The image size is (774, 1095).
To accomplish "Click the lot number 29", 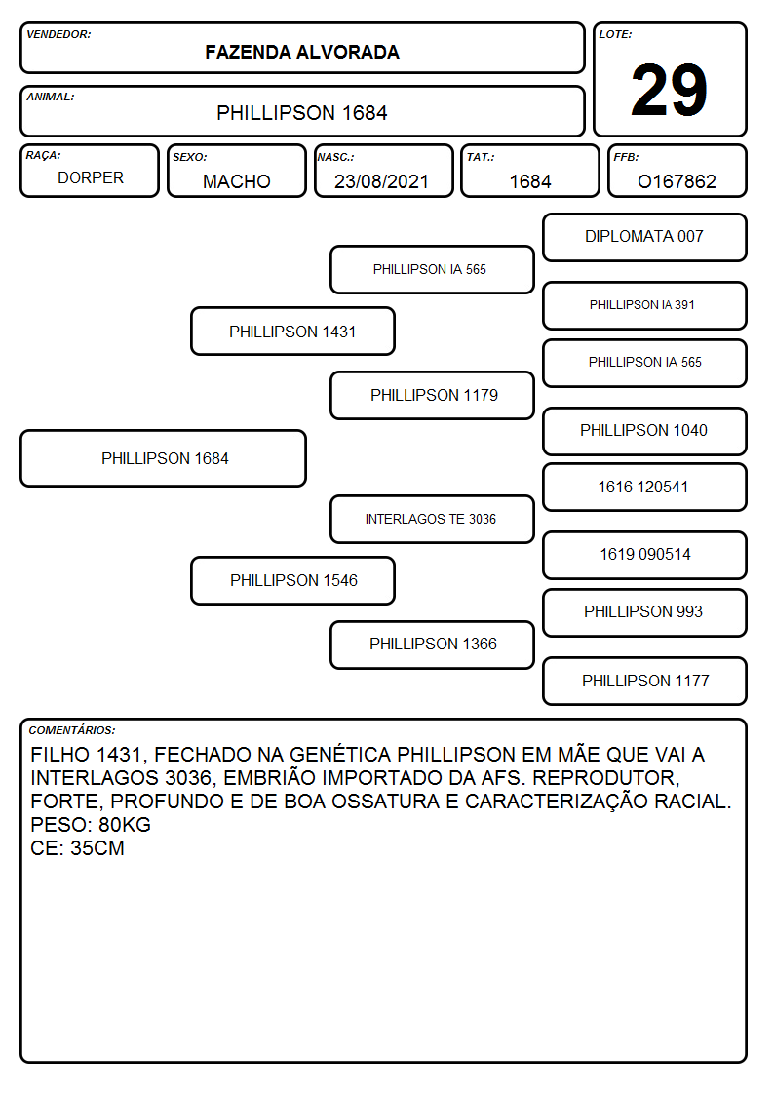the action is point(669,90).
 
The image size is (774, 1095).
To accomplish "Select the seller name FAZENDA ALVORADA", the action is point(302,53).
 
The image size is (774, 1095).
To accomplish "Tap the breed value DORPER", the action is point(91,178).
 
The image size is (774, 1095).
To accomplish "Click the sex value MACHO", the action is point(237,181).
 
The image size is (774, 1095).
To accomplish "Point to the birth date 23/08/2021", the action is point(381,181).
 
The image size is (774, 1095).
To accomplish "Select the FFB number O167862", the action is point(677,181).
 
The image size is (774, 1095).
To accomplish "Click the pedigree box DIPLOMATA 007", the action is point(645,238).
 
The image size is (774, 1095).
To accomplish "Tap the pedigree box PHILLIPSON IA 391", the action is point(645,305).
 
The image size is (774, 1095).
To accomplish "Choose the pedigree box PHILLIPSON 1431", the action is point(293,331).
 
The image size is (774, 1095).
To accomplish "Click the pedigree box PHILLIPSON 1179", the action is point(433,395).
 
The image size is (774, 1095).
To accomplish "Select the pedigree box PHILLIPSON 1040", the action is point(645,431).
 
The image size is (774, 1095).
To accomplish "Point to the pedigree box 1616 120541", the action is point(645,487).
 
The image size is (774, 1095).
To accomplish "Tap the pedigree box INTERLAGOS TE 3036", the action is point(433,519).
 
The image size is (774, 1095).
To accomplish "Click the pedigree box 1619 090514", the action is point(645,555).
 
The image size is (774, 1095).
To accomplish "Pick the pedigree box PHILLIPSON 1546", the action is point(293,580).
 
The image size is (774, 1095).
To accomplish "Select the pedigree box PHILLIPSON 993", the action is point(645,612).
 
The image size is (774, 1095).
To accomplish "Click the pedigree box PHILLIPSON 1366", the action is point(433,645).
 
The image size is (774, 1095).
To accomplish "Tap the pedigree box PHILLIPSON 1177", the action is point(645,681).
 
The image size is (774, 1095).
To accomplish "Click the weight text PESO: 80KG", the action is point(91,825).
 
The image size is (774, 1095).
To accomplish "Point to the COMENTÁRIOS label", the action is point(72,730).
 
